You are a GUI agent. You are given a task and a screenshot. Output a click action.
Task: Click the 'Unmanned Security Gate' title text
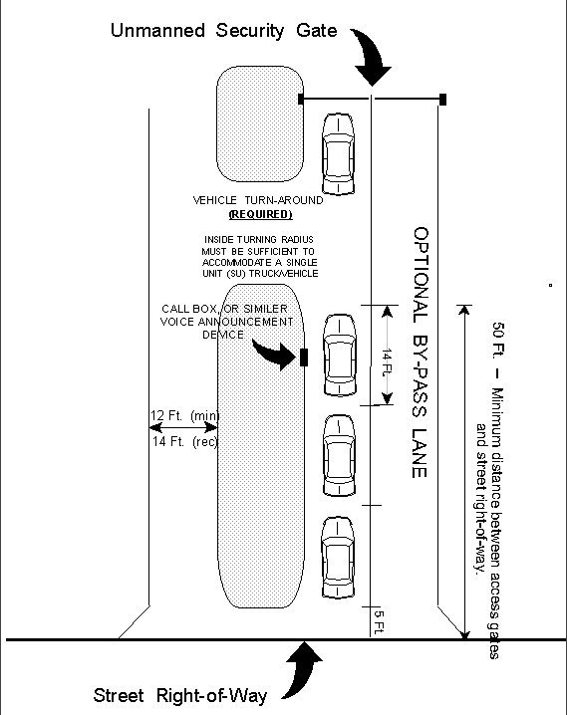[223, 31]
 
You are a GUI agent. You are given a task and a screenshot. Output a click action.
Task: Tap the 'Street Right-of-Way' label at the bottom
[180, 695]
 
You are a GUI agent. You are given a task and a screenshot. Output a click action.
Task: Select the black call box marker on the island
[304, 357]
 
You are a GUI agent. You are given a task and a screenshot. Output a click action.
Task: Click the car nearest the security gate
[338, 154]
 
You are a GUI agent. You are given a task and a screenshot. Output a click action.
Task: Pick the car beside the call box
[340, 355]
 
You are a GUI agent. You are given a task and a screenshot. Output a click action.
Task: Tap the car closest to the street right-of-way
[338, 558]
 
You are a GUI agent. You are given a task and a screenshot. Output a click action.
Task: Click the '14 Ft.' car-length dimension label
[387, 362]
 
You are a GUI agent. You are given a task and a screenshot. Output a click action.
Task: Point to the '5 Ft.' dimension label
[379, 622]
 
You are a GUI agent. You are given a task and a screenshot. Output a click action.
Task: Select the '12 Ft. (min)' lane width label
[184, 415]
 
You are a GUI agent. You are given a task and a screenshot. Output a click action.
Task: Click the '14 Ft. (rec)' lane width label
[184, 441]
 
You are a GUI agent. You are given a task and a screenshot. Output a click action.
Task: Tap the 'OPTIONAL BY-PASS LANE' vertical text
[421, 353]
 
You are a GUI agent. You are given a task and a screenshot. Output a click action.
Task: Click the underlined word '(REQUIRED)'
[260, 214]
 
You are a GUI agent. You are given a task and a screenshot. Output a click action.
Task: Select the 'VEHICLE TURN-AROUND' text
[258, 200]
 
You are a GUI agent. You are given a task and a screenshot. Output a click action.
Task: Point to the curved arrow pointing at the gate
[372, 55]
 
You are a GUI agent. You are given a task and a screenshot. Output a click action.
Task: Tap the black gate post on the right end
[442, 100]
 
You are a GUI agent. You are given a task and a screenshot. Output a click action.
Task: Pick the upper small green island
[260, 123]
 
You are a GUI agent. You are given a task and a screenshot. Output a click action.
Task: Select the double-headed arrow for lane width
[183, 427]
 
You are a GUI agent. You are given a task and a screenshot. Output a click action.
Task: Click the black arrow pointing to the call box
[275, 354]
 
